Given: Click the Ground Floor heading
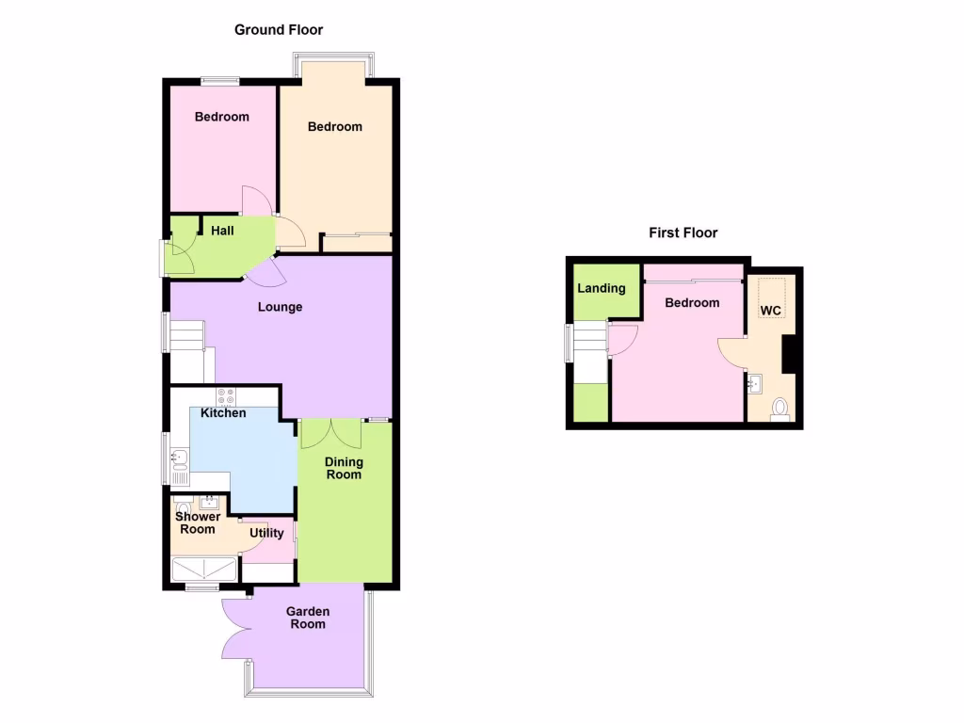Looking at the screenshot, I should [x=279, y=30].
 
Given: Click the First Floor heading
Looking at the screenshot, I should [x=683, y=233].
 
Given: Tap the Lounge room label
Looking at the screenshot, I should [x=281, y=307].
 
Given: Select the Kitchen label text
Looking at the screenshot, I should [x=223, y=413].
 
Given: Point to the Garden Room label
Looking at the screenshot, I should [x=308, y=618].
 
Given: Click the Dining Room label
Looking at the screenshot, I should [x=344, y=468].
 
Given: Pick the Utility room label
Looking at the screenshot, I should [x=266, y=533].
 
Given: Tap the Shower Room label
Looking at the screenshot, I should [x=198, y=522].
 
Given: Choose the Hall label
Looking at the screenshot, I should [x=222, y=231].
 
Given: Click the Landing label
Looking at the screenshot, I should [x=602, y=288].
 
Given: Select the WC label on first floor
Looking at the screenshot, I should [x=771, y=311].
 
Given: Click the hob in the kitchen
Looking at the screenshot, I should [x=226, y=396].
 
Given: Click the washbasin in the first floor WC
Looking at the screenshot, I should [x=755, y=383].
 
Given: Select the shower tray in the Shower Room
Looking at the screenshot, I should [x=203, y=570].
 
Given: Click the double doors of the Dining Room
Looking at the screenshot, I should [x=331, y=434].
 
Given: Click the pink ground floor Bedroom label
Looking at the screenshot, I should [x=222, y=117].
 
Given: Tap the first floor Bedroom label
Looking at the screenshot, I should [x=692, y=303].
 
